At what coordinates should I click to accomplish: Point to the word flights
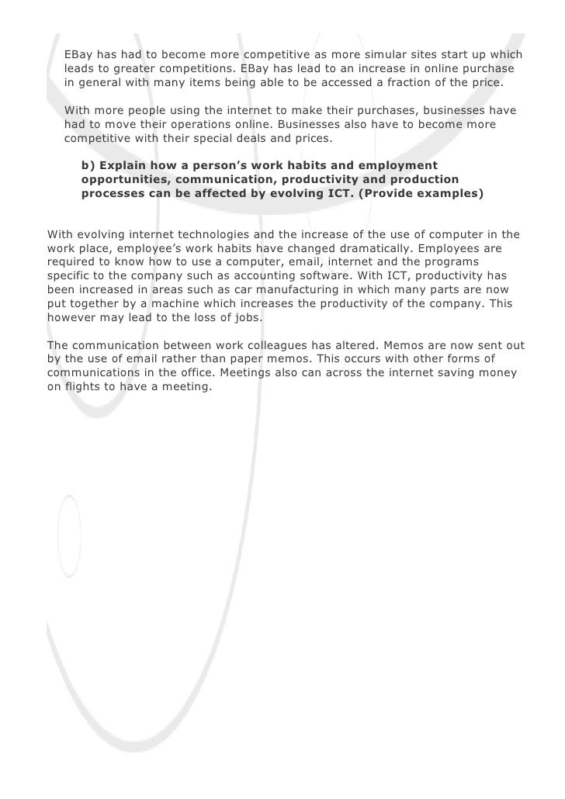84,387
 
